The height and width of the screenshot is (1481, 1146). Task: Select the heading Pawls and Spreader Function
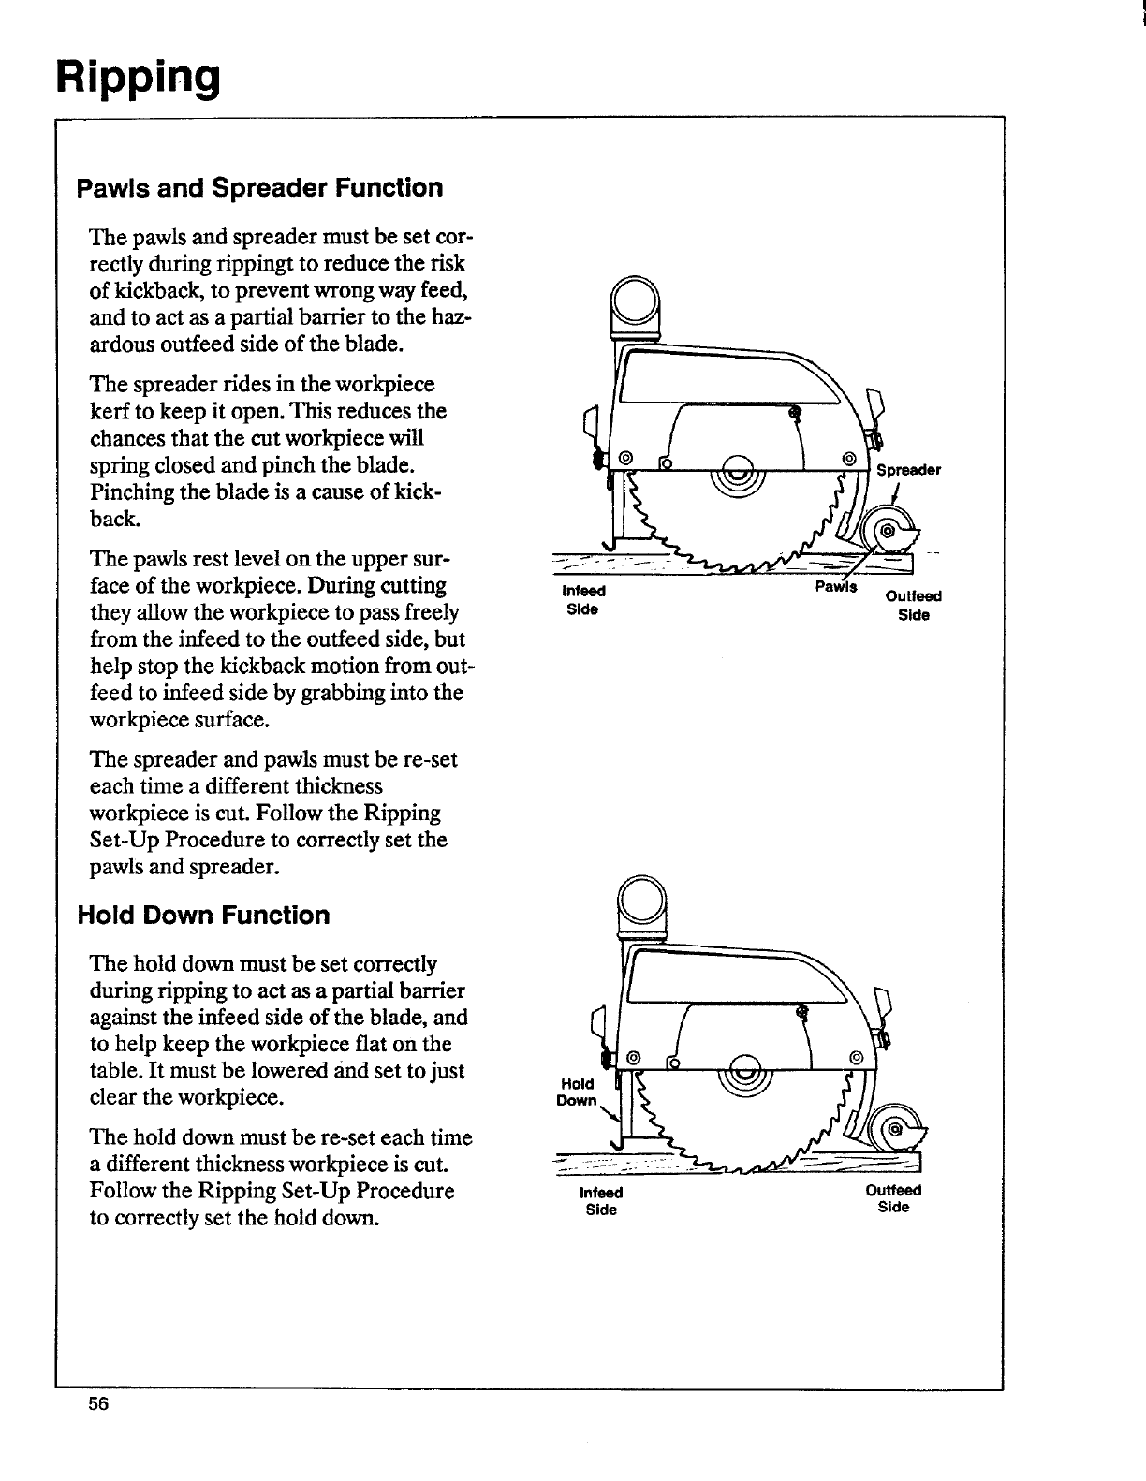(x=259, y=188)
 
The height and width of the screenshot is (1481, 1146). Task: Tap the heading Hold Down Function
(x=203, y=916)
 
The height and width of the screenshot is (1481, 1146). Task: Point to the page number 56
(x=99, y=1403)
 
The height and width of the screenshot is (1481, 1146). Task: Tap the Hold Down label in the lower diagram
(x=576, y=1092)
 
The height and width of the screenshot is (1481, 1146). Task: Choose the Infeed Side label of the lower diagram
(x=601, y=1201)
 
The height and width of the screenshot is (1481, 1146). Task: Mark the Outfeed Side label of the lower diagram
(x=894, y=1198)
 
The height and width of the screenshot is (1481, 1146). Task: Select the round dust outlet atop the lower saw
(x=642, y=901)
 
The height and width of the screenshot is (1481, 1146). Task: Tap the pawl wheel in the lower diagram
(x=894, y=1129)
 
